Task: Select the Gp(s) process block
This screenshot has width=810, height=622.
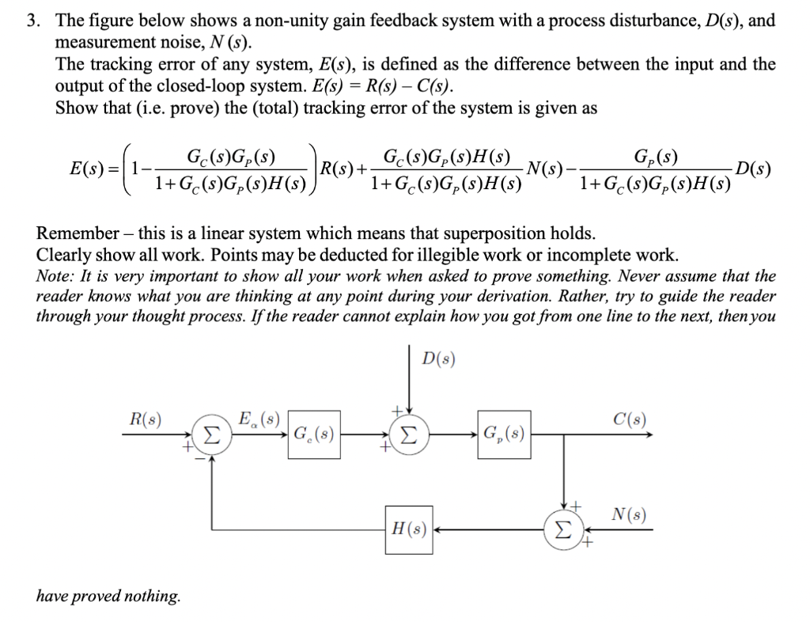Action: click(x=503, y=434)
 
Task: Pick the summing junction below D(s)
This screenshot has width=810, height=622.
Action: click(x=408, y=434)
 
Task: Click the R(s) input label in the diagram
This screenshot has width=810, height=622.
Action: click(x=146, y=419)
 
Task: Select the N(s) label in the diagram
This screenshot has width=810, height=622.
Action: click(x=630, y=515)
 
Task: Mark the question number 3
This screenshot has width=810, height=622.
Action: click(x=32, y=21)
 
